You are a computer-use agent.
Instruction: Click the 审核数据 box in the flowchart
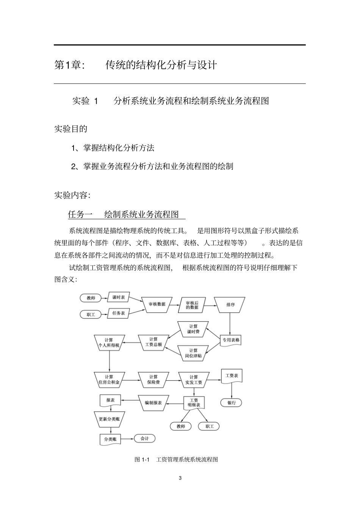coord(157,304)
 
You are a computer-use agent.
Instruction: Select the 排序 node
coord(230,304)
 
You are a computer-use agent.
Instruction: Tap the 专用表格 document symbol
coord(231,340)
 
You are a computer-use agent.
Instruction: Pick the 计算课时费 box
coord(193,329)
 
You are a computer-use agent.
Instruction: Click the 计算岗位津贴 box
coord(193,353)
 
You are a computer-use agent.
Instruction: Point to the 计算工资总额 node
coord(153,342)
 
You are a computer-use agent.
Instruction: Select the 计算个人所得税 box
coord(109,342)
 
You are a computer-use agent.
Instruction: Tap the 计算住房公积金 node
coord(109,380)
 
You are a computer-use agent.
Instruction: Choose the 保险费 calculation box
coord(153,380)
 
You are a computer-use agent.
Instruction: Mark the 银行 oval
coord(231,403)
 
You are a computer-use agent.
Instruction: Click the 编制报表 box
coord(153,403)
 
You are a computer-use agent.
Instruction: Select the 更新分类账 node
coord(109,419)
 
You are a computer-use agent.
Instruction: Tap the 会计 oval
coord(144,439)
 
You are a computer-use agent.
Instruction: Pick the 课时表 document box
coord(118,298)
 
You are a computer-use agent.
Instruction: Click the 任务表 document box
coord(118,313)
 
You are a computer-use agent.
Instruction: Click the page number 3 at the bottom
coord(180,478)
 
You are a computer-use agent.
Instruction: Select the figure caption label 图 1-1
coord(142,460)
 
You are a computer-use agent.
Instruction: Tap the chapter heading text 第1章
coord(69,65)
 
